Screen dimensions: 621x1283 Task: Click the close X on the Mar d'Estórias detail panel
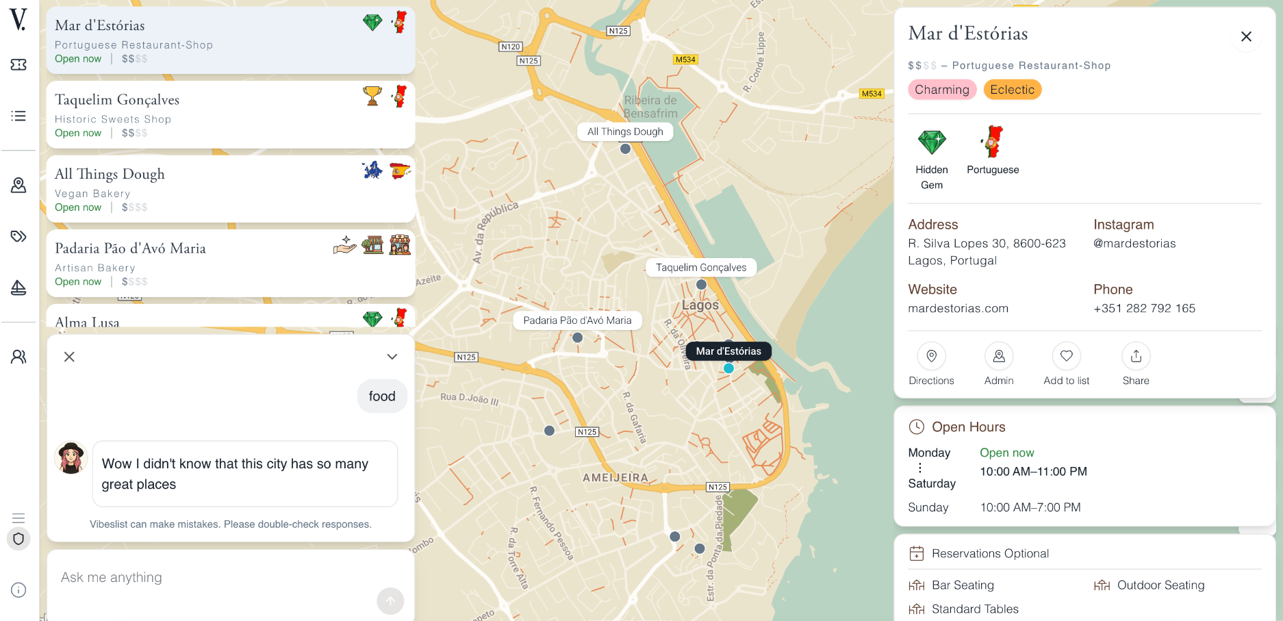1246,37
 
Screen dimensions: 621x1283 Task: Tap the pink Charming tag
941,90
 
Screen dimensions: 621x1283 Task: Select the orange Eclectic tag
1012,90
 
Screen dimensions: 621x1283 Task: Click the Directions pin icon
931,356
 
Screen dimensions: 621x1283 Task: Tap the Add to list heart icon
1066,356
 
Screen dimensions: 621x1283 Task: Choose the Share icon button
1136,356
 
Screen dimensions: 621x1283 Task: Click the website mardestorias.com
958,308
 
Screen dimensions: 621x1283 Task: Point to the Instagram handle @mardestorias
1134,243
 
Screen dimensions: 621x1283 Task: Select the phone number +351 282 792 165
1144,308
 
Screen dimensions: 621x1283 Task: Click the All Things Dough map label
625,131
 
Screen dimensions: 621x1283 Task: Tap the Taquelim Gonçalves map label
701,268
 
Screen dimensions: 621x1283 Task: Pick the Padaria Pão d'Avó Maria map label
577,320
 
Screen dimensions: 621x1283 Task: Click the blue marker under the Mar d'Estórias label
728,368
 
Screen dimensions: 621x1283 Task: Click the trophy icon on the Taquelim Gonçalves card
372,96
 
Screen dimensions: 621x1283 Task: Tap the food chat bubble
382,396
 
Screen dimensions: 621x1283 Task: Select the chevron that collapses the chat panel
392,357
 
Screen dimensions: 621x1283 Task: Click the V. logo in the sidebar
18,19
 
